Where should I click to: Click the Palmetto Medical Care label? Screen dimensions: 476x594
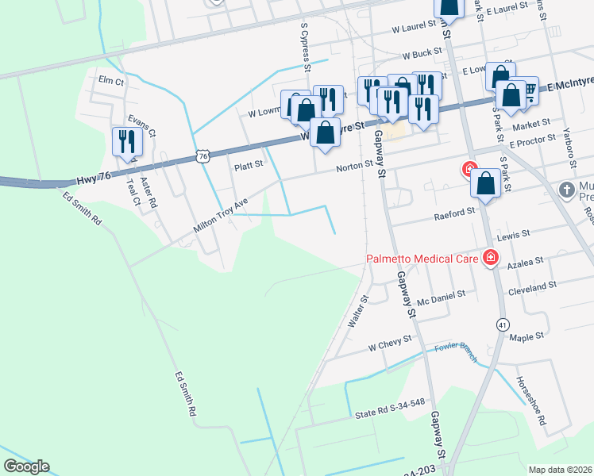[421, 259]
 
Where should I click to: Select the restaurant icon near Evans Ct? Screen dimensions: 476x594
[127, 142]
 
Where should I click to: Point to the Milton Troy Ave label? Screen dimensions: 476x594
[221, 216]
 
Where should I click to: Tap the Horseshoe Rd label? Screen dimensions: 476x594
[530, 400]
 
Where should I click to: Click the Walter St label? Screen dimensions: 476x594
[358, 313]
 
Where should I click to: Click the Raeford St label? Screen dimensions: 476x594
[453, 214]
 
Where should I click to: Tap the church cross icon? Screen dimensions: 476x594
[565, 190]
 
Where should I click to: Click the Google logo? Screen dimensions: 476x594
[26, 466]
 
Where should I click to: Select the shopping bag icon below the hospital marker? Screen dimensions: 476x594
[484, 184]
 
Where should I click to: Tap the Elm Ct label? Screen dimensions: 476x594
[111, 81]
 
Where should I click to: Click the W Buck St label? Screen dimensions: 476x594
[421, 56]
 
